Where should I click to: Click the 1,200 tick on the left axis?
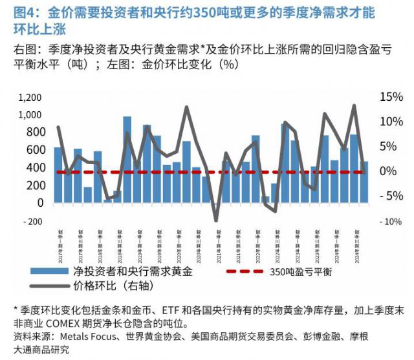(x=30, y=98)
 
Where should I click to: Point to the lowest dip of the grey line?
(x=217, y=220)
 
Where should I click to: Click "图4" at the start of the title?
(x=25, y=12)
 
